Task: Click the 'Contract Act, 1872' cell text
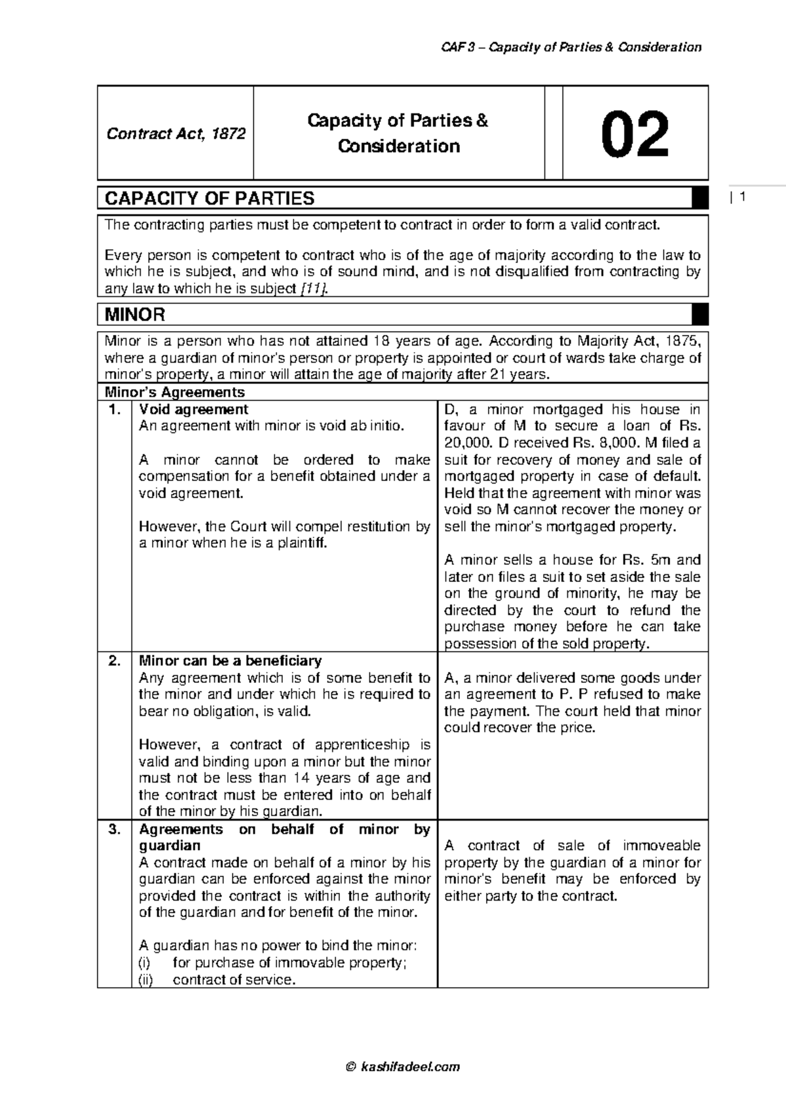tap(176, 134)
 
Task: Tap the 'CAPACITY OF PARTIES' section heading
tap(210, 198)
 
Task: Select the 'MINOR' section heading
tap(135, 315)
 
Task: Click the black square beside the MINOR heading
tap(700, 315)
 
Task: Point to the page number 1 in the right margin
tap(743, 197)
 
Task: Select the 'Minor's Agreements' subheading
tap(175, 392)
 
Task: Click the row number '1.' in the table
tap(115, 410)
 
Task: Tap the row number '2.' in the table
tap(115, 661)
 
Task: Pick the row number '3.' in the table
tap(115, 829)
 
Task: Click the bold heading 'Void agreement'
tap(193, 410)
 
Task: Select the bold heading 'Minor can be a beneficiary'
tap(230, 661)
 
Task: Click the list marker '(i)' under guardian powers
tap(145, 963)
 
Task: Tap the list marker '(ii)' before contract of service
tap(146, 980)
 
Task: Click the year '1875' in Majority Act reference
tap(683, 342)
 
